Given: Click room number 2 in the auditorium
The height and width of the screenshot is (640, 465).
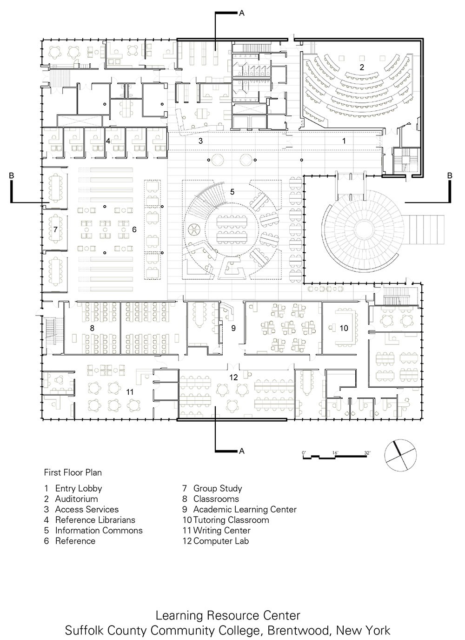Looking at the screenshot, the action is [x=362, y=67].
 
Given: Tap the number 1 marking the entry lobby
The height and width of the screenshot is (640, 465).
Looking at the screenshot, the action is [x=344, y=141].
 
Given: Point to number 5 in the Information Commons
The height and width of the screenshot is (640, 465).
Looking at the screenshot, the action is [x=232, y=192].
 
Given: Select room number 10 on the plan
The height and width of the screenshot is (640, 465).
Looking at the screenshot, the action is [x=344, y=328].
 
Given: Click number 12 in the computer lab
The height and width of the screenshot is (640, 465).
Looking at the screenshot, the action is [x=233, y=377].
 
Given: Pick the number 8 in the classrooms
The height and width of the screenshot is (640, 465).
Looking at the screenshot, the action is [x=92, y=328].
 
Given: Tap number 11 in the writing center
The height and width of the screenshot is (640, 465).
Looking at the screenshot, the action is [x=130, y=392].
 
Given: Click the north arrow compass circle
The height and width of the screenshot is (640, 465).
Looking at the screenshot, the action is [x=400, y=455].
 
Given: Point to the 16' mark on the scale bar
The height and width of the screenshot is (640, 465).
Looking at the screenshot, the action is [x=335, y=452].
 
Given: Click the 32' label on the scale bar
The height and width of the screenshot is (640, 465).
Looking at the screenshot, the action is [x=367, y=452].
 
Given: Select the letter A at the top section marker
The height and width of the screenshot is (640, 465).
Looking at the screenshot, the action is [x=241, y=13].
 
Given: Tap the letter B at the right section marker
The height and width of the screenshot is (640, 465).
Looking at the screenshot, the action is [x=450, y=175].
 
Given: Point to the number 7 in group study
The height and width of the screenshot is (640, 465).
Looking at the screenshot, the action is [x=55, y=229].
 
